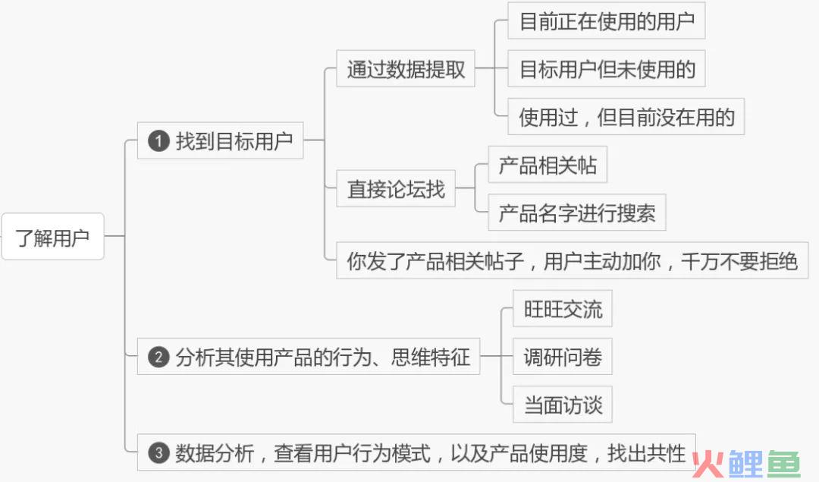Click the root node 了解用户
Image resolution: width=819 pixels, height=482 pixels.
click(53, 236)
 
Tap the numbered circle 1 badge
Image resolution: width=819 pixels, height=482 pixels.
click(158, 141)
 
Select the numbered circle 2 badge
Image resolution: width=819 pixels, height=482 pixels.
click(158, 358)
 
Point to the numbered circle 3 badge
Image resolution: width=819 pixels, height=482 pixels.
click(158, 452)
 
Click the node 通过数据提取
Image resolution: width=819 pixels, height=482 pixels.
click(405, 68)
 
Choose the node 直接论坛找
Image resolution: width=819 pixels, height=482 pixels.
click(396, 188)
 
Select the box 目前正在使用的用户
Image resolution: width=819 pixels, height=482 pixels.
click(607, 21)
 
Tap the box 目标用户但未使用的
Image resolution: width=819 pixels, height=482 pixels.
click(607, 68)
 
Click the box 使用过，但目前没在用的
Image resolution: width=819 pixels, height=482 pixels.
click(626, 117)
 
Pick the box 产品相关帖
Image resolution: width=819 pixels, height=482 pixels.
click(548, 165)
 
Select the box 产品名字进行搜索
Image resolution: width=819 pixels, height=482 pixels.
click(576, 213)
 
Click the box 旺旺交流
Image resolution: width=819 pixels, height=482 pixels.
click(563, 308)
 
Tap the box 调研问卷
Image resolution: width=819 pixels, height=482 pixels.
click(563, 357)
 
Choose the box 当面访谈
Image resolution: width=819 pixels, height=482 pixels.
click(563, 405)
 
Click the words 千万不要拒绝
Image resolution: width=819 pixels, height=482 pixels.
click(739, 261)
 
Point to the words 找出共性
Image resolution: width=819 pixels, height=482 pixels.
click(647, 452)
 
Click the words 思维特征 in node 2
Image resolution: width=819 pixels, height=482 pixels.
click(431, 357)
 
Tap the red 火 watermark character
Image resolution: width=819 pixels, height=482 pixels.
click(708, 464)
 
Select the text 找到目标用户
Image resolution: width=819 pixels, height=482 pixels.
click(234, 141)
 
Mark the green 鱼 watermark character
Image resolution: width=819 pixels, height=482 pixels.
click(781, 464)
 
